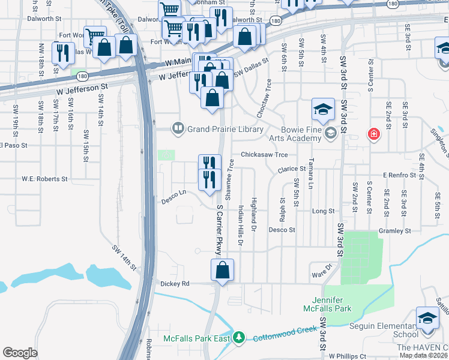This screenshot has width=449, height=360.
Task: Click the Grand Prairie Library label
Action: click(x=225, y=129)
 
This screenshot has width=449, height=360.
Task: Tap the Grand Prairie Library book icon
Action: click(x=178, y=128)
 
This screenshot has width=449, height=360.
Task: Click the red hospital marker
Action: click(x=373, y=134)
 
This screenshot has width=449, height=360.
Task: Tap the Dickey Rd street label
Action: click(x=175, y=283)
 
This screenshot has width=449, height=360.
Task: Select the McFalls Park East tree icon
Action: click(x=239, y=338)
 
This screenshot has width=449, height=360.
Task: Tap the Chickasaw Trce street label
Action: click(x=264, y=155)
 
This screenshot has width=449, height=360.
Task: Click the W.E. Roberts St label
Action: click(x=45, y=179)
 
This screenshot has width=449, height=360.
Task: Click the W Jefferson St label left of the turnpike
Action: click(x=82, y=88)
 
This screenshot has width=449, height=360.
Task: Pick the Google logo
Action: click(x=20, y=353)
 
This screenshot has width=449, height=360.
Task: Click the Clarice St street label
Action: click(x=292, y=170)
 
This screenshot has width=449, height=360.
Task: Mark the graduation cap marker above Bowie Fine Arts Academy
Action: click(x=323, y=110)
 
